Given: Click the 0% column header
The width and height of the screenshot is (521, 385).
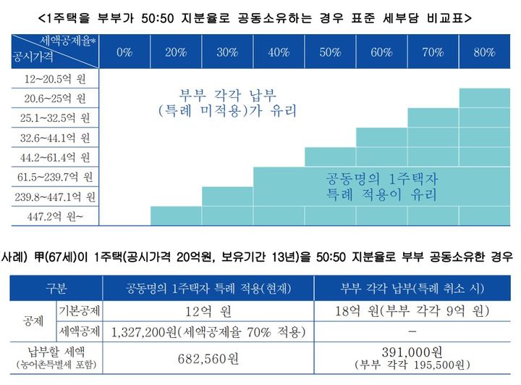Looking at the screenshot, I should [x=124, y=52].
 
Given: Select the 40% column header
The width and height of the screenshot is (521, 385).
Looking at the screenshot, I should [x=279, y=52].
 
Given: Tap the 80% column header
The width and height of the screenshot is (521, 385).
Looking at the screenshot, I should [x=484, y=52].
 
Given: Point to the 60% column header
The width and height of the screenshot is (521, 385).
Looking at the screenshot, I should [x=381, y=52].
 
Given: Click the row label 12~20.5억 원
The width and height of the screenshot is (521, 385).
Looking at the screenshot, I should [x=54, y=78].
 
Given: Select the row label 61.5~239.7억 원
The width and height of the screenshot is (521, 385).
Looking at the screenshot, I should [x=54, y=176].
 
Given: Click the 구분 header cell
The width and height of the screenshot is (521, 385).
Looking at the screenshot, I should [x=57, y=288].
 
